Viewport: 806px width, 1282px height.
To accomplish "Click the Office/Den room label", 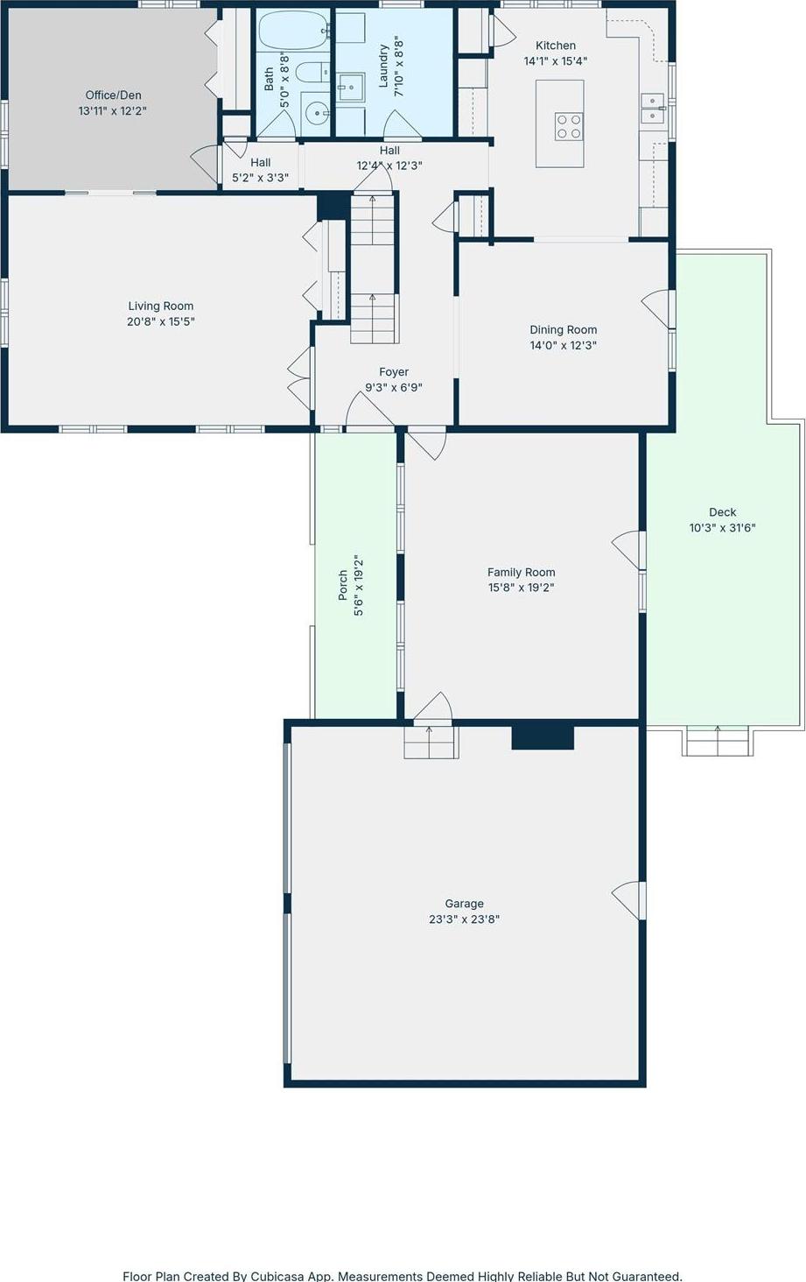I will [x=113, y=95].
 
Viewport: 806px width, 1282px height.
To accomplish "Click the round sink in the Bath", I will [x=317, y=111].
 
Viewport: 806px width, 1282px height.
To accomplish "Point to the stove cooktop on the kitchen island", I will [x=568, y=126].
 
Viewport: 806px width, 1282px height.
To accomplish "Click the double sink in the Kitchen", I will [x=653, y=109].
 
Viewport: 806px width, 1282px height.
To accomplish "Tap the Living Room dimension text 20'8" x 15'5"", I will [x=161, y=321].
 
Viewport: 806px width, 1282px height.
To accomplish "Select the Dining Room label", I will [x=563, y=330].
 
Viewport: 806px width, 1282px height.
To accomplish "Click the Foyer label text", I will [x=394, y=372].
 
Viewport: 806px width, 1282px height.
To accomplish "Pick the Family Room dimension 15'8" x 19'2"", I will [x=522, y=588].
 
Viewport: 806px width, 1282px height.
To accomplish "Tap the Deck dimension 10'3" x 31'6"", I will [x=722, y=528].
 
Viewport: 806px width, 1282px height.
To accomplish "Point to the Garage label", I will [x=464, y=904].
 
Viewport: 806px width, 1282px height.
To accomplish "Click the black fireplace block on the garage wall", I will [x=543, y=737].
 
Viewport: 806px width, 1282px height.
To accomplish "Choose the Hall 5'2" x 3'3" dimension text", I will [x=260, y=178].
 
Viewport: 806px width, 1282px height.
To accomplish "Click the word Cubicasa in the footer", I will [x=278, y=1277].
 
